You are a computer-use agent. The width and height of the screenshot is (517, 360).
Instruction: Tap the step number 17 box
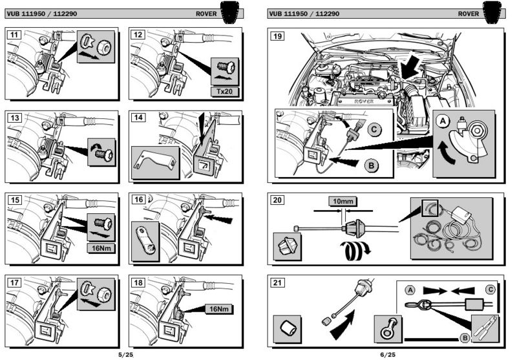[12, 282]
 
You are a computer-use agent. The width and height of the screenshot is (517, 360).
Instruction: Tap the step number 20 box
[277, 200]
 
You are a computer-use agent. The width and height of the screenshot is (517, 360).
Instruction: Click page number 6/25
[388, 354]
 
